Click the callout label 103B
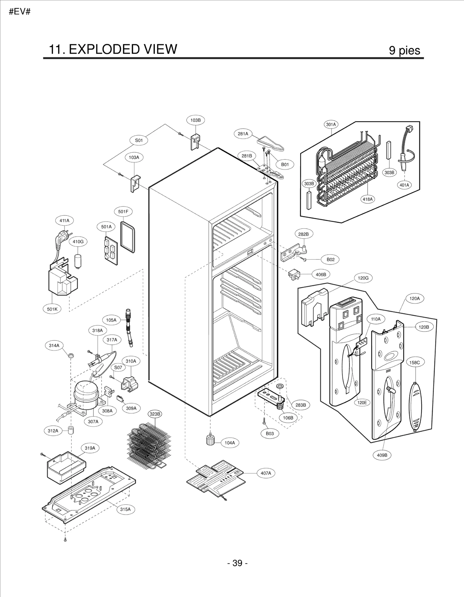coord(195,120)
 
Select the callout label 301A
coord(331,125)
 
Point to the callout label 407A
coord(266,473)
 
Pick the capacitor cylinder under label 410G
coord(78,261)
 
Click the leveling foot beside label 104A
coord(210,440)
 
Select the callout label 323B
coord(155,414)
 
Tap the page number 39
coord(237,563)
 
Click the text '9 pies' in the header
coord(404,50)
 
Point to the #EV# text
coord(20,12)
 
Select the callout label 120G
coord(363,278)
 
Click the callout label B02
coord(330,259)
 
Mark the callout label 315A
coord(125,509)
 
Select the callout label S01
coord(139,140)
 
